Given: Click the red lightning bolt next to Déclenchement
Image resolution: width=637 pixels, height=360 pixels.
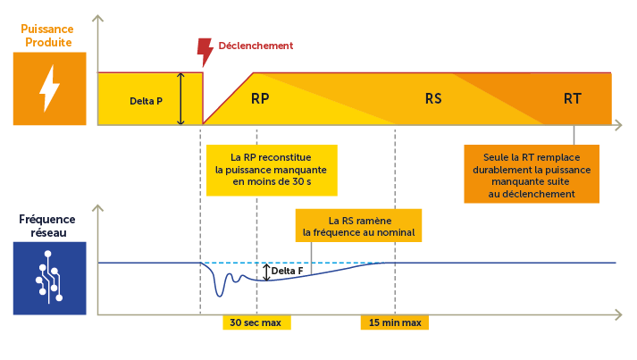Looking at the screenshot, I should (205, 53).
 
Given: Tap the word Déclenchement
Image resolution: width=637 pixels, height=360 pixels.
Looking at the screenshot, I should (256, 46).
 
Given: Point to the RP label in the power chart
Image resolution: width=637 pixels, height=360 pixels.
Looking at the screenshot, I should (260, 98).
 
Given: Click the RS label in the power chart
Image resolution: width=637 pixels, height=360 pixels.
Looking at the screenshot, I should (433, 98).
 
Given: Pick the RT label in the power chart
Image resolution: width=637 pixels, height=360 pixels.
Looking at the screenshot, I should (573, 98).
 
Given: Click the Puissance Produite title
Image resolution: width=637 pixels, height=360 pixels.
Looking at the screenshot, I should (46, 35).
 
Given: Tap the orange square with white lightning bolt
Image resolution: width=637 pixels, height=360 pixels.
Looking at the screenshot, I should (49, 88).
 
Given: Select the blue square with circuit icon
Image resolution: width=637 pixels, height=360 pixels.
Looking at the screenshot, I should (49, 278).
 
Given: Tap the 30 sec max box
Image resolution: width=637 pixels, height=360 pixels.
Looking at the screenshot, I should (256, 322).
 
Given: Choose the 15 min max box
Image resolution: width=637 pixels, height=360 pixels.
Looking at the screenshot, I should (394, 322).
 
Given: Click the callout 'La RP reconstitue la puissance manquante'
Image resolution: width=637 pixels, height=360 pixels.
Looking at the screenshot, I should (272, 170).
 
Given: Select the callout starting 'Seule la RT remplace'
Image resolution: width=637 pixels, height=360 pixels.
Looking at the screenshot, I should (532, 175).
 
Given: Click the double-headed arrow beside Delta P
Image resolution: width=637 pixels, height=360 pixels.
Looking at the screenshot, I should (180, 98).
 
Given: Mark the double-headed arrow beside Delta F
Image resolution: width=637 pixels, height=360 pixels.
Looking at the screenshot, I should (266, 271).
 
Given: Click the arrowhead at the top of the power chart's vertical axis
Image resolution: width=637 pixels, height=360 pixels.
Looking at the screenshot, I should (98, 17).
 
